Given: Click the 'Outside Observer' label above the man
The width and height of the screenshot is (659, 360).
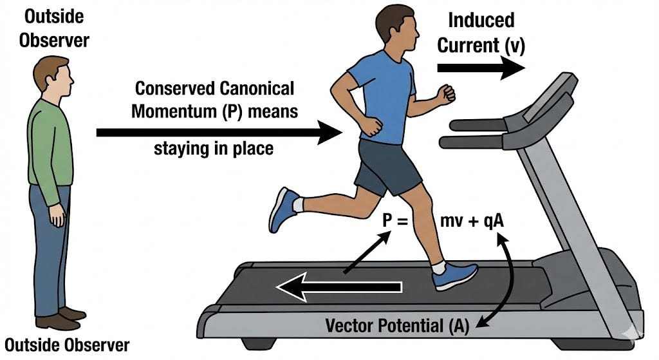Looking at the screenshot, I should pyautogui.click(x=53, y=28).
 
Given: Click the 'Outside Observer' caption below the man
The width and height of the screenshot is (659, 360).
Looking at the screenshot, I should pyautogui.click(x=66, y=345).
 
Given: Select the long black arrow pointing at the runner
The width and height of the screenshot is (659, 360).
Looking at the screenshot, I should pyautogui.click(x=219, y=133).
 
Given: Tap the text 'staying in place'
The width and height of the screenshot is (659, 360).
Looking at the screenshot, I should pyautogui.click(x=214, y=149).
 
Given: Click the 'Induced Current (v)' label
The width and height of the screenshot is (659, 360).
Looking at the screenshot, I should pyautogui.click(x=481, y=32).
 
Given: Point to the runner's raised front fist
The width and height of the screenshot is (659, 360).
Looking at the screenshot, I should pyautogui.click(x=446, y=93).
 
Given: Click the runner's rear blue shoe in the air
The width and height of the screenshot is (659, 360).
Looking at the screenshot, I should pyautogui.click(x=283, y=209).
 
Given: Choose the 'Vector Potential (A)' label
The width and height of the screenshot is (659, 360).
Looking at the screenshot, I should pyautogui.click(x=393, y=325).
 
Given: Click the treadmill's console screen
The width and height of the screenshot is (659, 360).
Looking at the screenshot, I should pyautogui.click(x=551, y=97).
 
